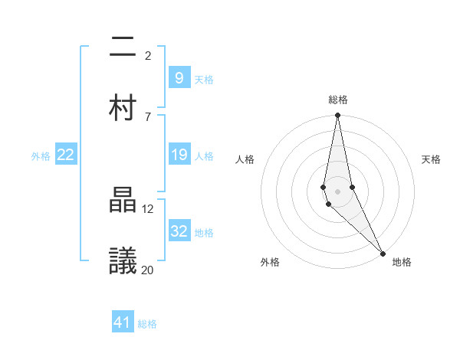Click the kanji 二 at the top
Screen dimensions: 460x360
[123, 49]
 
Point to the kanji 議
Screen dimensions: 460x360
[123, 260]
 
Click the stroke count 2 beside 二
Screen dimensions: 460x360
[148, 55]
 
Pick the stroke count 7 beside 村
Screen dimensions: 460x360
[148, 116]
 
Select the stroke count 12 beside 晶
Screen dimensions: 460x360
[148, 208]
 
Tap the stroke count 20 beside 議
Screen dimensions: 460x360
[148, 269]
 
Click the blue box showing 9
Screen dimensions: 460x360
[179, 77]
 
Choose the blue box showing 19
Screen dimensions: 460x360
[179, 155]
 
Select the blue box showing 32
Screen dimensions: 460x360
[179, 231]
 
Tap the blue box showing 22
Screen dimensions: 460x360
[66, 155]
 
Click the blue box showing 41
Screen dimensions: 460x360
[123, 322]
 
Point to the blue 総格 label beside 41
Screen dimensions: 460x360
[147, 324]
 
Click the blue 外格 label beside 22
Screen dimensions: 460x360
[41, 156]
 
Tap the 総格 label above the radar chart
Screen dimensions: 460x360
[338, 100]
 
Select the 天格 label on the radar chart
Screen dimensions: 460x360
[432, 159]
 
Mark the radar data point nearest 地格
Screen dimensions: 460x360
[383, 253]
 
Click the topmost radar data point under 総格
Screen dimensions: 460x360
[337, 116]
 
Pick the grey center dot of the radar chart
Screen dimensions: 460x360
[337, 191]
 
